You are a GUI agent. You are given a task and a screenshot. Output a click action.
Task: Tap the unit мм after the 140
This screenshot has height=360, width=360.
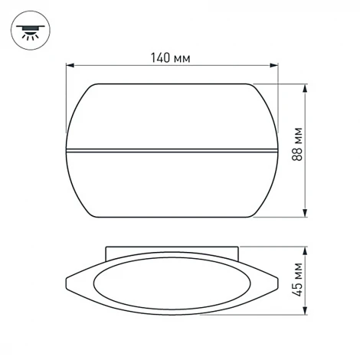(x=181, y=58)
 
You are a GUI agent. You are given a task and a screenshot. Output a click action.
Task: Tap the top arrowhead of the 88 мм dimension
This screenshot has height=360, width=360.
(x=306, y=87)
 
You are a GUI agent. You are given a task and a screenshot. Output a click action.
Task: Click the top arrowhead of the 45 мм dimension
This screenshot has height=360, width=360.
(x=306, y=250)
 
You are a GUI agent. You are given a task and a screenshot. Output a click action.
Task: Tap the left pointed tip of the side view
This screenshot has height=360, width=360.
(x=67, y=284)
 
